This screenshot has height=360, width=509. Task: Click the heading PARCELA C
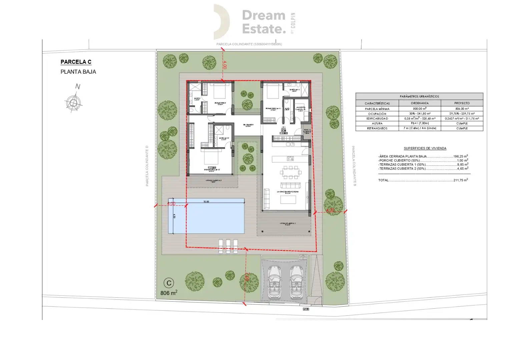point(76,62)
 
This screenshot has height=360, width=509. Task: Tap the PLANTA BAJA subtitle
point(78,72)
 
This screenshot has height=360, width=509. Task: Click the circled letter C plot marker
point(169,283)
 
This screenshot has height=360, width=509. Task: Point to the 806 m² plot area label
point(169,293)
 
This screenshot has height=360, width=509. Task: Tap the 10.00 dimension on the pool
point(206,202)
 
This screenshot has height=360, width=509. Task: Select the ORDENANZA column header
point(420,103)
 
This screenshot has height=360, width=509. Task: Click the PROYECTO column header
point(462,103)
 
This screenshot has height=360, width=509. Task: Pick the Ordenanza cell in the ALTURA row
point(420,123)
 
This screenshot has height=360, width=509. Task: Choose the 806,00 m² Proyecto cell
point(462,109)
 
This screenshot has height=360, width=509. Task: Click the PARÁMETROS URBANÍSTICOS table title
point(419,96)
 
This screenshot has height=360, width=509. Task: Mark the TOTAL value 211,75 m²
point(460,180)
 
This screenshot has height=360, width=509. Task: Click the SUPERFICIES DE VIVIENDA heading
point(425,148)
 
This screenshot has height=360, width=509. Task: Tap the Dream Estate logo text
point(264,22)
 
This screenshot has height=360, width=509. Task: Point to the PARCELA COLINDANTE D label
point(147,166)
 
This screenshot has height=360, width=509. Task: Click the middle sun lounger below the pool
point(228,246)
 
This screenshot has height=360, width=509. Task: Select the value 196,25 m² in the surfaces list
point(460,156)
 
